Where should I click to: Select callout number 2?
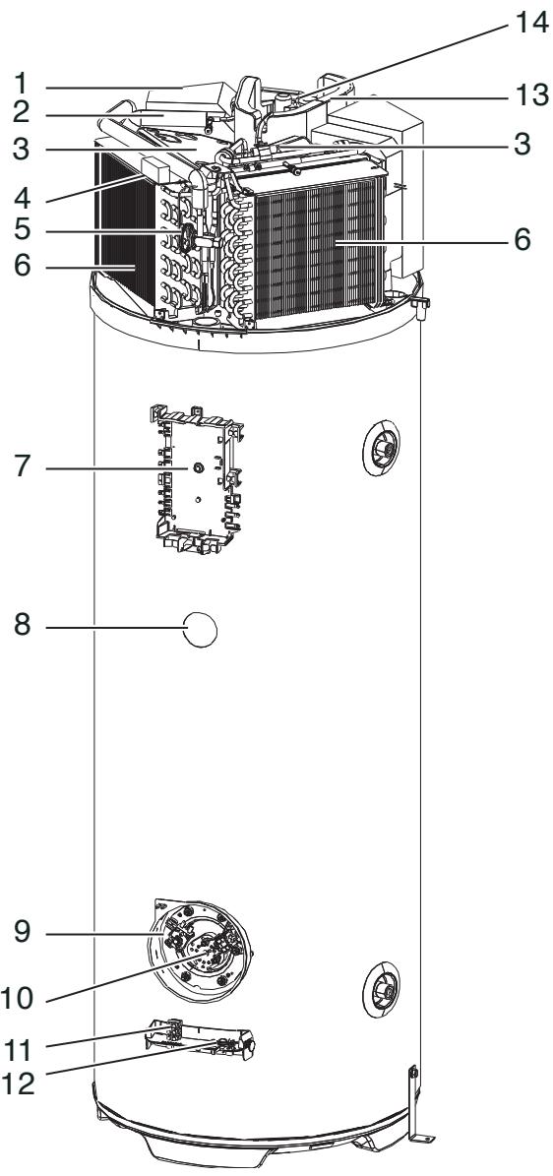click(x=23, y=114)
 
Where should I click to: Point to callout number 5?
click(x=23, y=229)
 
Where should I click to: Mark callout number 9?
click(x=23, y=933)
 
